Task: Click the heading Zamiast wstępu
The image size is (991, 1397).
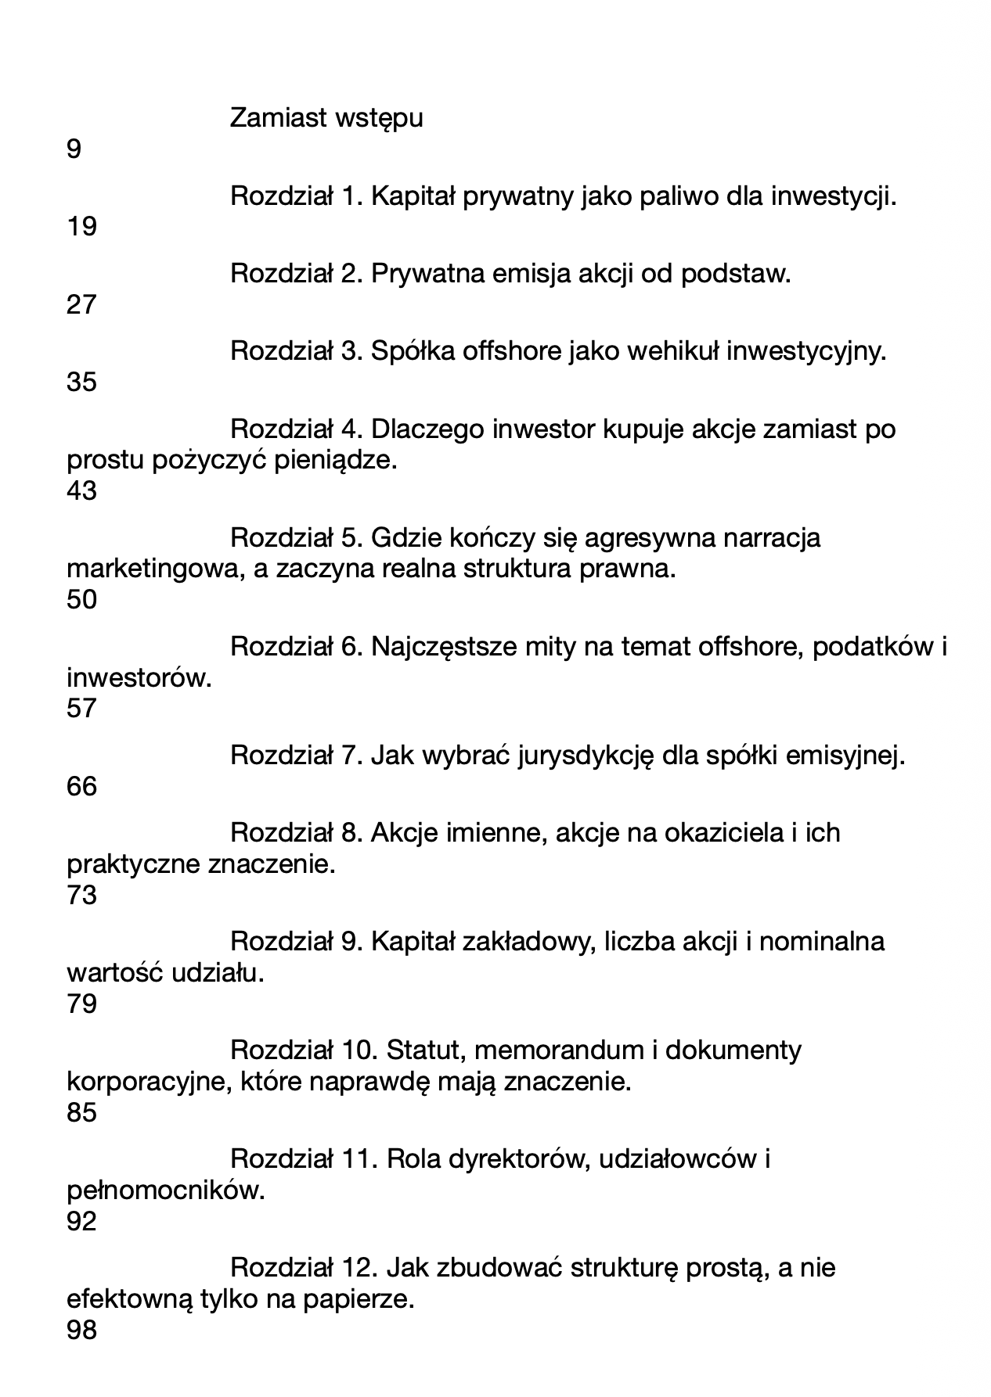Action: tap(326, 118)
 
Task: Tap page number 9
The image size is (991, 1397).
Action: tap(74, 149)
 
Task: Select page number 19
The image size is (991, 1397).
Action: tap(81, 226)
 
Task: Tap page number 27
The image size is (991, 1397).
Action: tap(81, 304)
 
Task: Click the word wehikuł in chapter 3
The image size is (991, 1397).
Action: tap(672, 351)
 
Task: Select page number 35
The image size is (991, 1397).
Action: tap(81, 382)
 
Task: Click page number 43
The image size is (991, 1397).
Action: tap(81, 490)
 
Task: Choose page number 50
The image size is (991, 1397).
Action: tap(81, 599)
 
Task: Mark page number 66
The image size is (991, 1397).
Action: tap(81, 786)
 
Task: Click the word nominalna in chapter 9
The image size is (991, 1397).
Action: tap(822, 941)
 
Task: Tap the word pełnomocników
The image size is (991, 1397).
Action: tap(166, 1191)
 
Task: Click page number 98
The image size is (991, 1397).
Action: tap(81, 1329)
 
